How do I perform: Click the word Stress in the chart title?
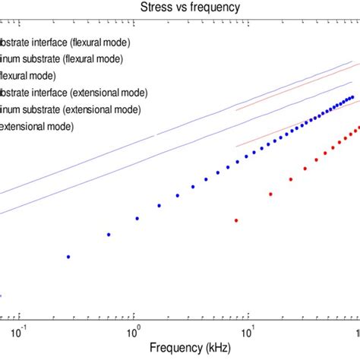(155, 8)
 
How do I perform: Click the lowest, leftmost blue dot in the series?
(68, 257)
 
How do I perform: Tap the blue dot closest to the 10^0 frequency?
(137, 218)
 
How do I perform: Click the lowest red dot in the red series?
(236, 220)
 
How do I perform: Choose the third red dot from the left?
(291, 179)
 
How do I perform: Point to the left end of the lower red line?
(236, 147)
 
